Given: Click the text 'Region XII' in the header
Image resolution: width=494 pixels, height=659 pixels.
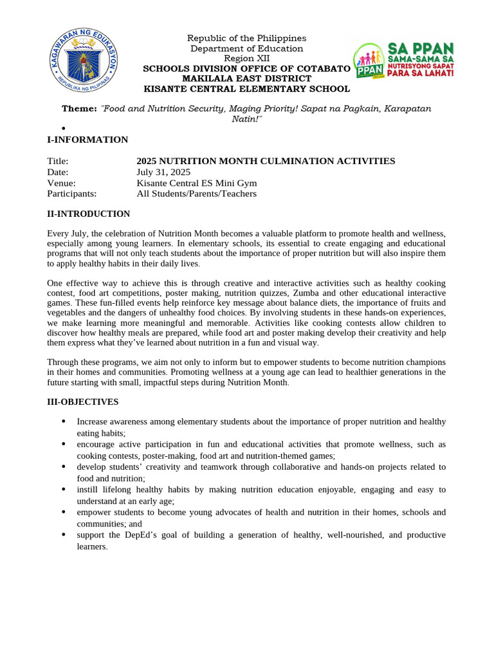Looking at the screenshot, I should pos(246,59).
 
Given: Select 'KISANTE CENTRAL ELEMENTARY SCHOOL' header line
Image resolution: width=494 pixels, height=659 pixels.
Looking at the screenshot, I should pos(246,89).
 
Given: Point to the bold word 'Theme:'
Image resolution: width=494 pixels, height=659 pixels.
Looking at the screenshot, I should pos(79,109).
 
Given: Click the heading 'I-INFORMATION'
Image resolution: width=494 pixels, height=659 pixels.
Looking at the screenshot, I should pos(87,140).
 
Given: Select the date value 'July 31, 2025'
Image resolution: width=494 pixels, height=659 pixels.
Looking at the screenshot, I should pos(163,172).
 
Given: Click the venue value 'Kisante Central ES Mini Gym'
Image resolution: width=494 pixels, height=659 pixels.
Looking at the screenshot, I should pos(196,183).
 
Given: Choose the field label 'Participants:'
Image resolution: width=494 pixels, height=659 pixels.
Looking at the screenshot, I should pos(71,194).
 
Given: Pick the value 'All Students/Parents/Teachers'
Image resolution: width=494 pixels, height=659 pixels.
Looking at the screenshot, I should pos(196,194).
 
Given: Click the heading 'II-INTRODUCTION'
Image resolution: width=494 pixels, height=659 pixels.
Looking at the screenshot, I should pos(88,214).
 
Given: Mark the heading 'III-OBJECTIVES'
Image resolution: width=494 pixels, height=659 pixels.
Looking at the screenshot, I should pos(82,402).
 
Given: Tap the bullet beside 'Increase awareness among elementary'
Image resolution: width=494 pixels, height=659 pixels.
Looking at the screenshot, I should pos(63,422).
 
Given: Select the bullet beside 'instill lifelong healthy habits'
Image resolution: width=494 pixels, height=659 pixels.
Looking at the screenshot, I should pos(63,490).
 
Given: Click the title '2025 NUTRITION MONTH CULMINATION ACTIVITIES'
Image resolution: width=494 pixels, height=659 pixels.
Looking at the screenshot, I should pos(266,161).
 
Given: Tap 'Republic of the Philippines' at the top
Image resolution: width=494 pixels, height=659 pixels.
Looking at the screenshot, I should pos(246,39).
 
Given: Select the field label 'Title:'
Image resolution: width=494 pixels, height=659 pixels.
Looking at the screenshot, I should pos(57,161).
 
